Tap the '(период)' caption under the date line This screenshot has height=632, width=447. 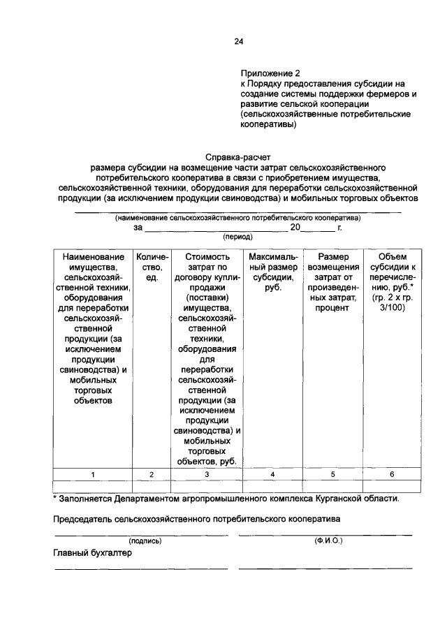(x=237, y=237)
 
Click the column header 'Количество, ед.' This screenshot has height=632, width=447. (x=152, y=267)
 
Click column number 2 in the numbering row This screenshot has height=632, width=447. (x=152, y=475)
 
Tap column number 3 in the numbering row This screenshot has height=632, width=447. (x=207, y=475)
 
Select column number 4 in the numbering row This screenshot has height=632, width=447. (x=272, y=475)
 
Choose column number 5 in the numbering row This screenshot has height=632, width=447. (x=333, y=475)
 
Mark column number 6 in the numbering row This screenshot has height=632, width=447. (x=392, y=475)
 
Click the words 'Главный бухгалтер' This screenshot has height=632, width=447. (x=93, y=552)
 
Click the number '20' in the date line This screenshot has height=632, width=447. (x=295, y=228)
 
